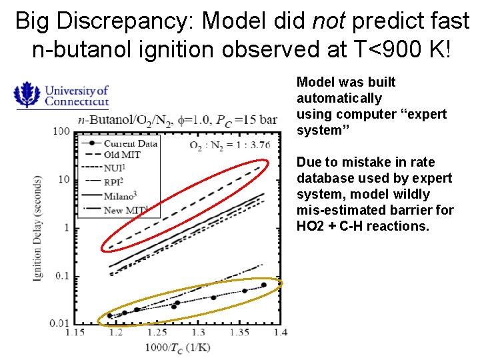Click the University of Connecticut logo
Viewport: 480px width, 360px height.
[x=61, y=95]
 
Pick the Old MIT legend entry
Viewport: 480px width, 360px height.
[x=122, y=155]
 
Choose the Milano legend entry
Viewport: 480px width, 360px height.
[x=122, y=197]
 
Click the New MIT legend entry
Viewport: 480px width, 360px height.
[x=125, y=210]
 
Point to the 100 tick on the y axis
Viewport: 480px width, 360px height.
[x=61, y=131]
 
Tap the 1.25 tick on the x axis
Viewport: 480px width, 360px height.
[x=158, y=332]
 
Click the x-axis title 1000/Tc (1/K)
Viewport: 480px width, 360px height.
[x=179, y=347]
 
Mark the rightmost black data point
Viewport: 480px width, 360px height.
[x=263, y=285]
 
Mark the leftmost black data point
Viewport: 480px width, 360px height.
[x=110, y=316]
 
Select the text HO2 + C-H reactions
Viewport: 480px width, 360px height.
[x=362, y=226]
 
